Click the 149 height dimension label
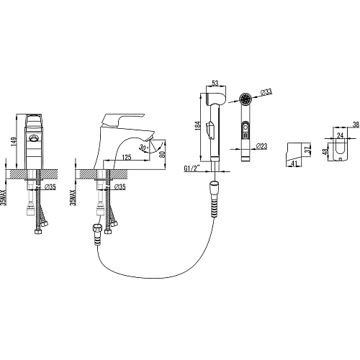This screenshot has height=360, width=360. (14, 142)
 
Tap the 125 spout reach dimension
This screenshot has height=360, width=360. (127, 157)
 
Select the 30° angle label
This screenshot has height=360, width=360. (144, 147)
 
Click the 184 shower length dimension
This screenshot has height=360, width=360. (197, 126)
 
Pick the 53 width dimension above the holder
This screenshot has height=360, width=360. (215, 83)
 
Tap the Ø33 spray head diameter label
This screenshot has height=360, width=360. (266, 91)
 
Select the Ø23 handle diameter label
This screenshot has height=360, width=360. (261, 146)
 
